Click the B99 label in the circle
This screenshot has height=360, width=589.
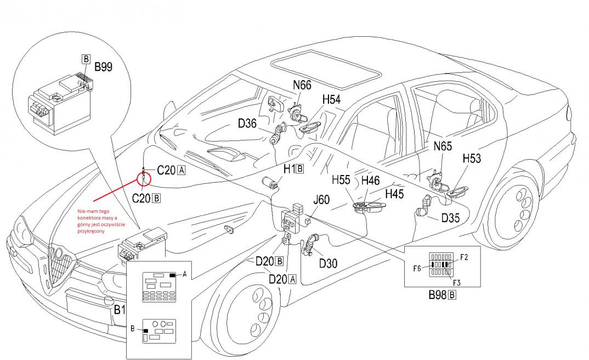click(x=103, y=67)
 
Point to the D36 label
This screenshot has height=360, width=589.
click(x=247, y=124)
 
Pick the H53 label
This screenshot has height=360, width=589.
click(x=472, y=159)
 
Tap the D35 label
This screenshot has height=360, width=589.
click(x=451, y=218)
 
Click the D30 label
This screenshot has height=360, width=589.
click(x=328, y=263)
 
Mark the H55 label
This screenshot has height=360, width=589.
click(x=342, y=179)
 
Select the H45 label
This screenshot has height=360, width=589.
click(x=394, y=194)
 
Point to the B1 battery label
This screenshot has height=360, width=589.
click(x=120, y=310)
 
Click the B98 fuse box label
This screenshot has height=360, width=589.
click(x=438, y=295)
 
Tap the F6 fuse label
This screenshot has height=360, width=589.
click(x=417, y=268)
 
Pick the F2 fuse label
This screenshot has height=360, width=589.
click(x=464, y=256)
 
